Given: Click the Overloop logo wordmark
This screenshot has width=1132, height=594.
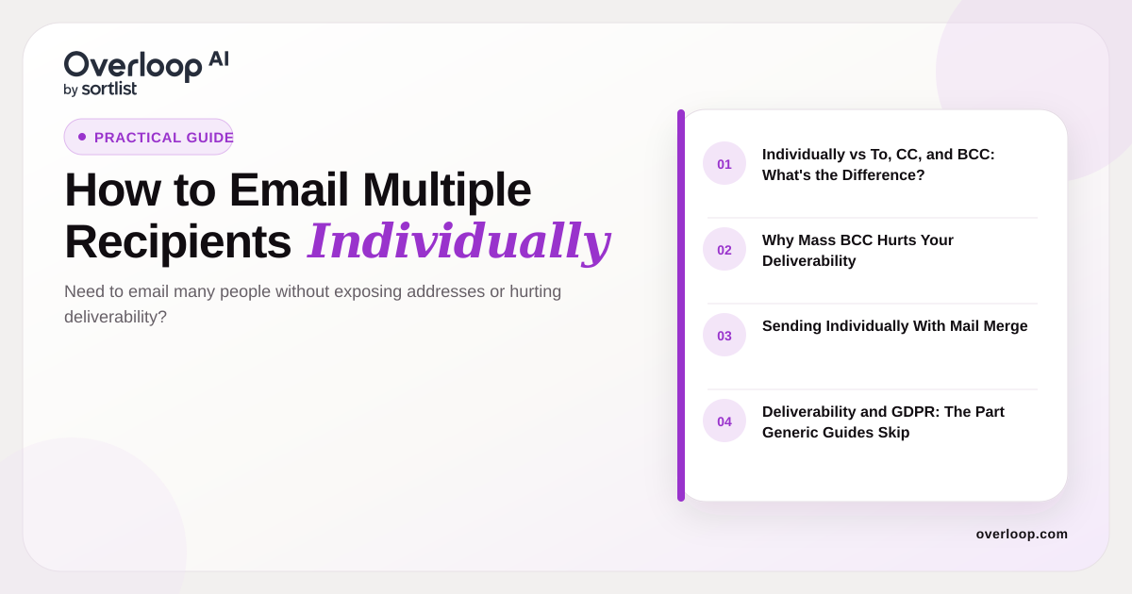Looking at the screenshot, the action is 133,66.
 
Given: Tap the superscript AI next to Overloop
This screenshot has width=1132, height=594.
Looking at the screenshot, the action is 219,59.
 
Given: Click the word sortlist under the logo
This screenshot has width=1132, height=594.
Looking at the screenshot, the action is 109,89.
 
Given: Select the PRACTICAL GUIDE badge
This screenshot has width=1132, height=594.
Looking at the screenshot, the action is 149,137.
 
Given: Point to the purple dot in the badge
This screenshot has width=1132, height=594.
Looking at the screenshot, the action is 82,137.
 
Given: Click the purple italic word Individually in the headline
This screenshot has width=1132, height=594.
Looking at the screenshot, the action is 459,241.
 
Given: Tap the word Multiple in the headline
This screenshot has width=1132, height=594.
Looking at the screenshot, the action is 447,190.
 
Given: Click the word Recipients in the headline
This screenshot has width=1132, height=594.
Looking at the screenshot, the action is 178,242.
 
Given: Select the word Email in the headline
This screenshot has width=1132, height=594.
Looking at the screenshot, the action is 289,190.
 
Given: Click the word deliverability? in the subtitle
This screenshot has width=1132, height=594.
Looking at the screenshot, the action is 115,317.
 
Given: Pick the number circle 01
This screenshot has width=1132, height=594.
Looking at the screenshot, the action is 724,164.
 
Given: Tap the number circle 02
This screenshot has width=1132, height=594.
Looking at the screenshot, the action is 724,250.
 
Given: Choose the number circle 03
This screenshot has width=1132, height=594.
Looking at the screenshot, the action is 724,336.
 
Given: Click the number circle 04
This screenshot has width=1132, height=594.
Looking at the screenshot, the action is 724,421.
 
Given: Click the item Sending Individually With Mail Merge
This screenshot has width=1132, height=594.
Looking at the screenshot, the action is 894,326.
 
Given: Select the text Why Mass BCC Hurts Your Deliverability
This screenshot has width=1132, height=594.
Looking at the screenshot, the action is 857,250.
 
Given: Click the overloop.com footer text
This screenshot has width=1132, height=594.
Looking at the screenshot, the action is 1022,534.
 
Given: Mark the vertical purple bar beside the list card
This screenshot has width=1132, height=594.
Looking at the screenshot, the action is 681,305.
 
